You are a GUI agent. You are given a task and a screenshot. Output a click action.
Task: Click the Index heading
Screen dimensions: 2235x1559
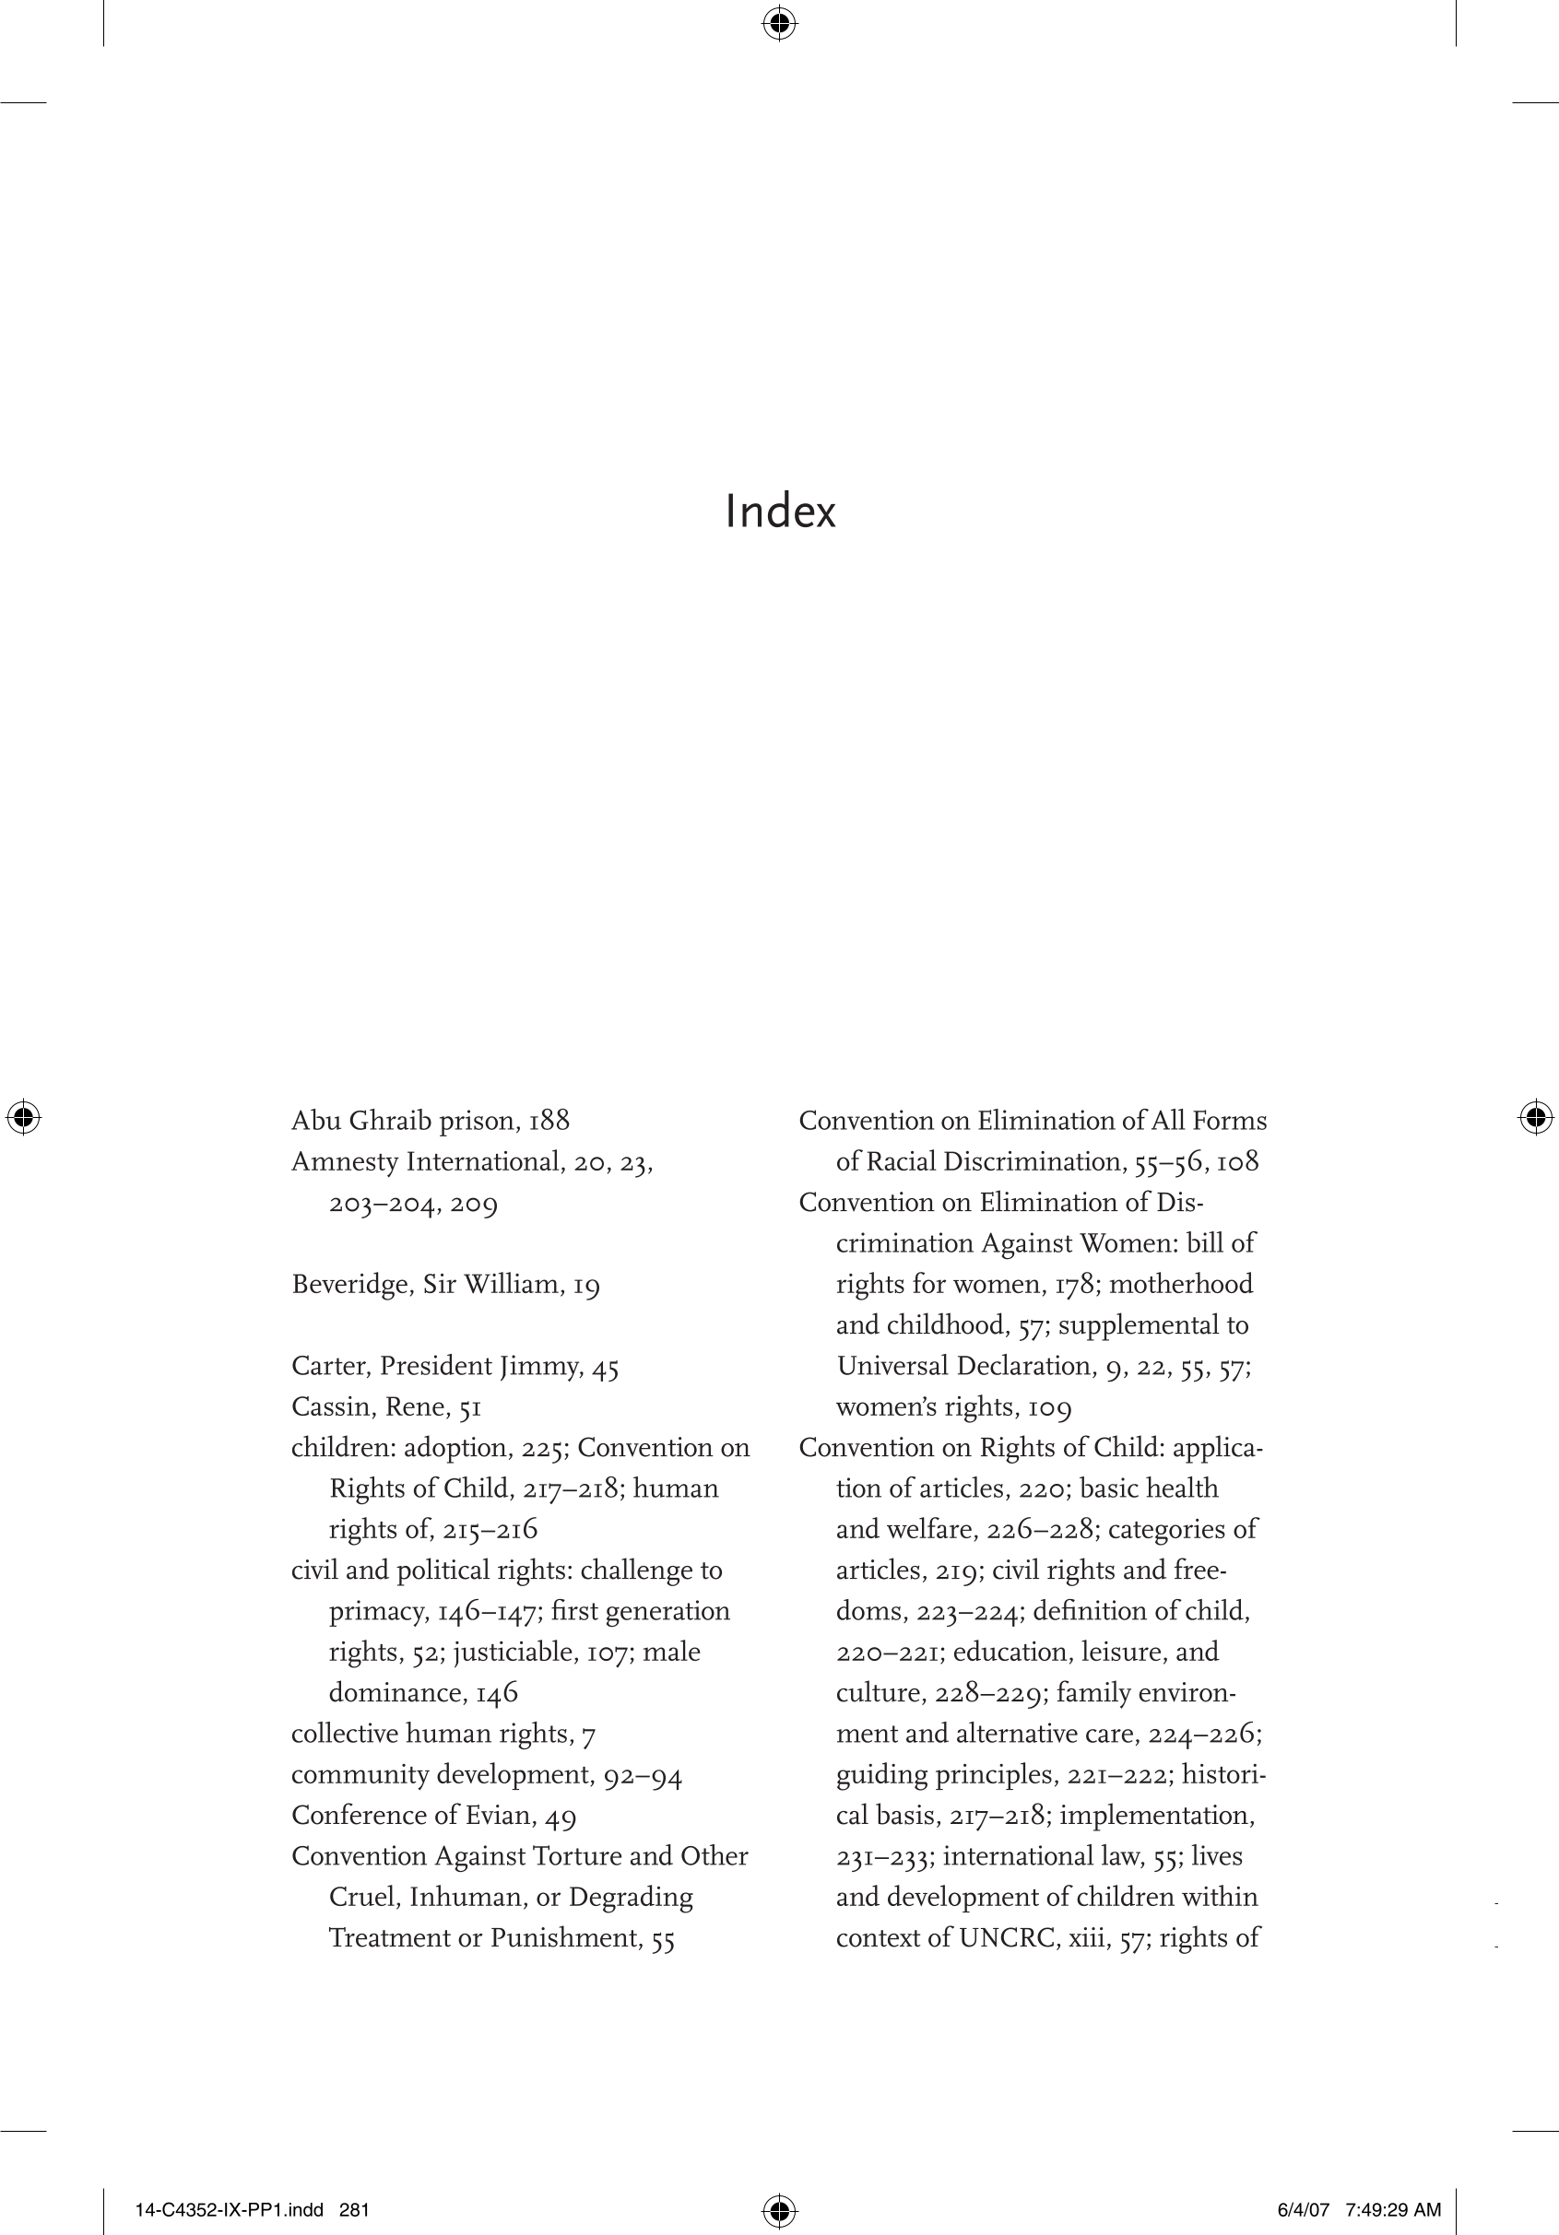point(780,512)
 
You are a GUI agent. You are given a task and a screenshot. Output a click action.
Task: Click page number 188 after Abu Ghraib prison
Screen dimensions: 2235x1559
point(549,1121)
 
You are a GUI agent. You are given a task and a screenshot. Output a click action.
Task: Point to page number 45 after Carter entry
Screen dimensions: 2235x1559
point(605,1367)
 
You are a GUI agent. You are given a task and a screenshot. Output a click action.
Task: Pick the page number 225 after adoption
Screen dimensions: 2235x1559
point(541,1449)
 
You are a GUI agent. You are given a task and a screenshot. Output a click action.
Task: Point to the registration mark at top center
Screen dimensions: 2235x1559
point(779,22)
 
